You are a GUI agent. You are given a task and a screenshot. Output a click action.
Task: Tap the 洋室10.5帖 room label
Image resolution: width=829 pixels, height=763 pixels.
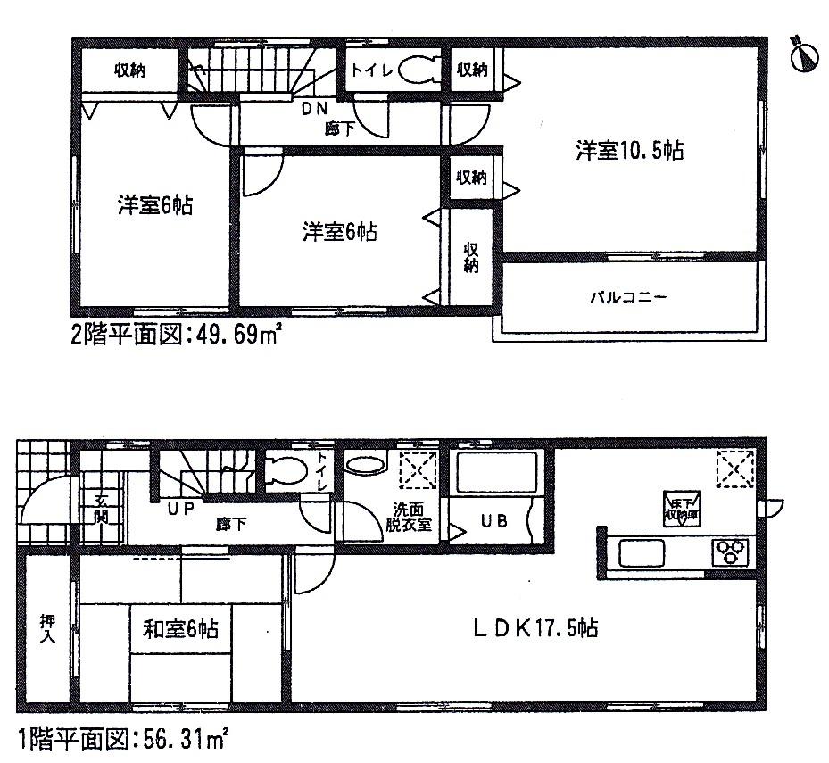click(x=629, y=151)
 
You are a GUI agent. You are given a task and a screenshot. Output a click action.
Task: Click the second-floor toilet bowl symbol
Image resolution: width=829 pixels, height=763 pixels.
click(x=416, y=70)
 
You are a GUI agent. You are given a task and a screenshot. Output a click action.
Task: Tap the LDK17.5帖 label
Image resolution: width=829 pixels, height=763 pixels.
click(x=535, y=628)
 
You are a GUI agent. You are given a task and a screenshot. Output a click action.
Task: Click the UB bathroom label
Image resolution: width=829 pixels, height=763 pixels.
click(x=496, y=521)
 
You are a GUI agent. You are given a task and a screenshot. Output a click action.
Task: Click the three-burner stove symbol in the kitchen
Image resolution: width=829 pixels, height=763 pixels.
click(x=731, y=552)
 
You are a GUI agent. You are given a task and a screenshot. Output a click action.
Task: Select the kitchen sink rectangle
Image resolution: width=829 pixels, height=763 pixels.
click(x=641, y=553)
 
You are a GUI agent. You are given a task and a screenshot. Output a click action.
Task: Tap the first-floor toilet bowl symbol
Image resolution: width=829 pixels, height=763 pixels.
click(x=288, y=470)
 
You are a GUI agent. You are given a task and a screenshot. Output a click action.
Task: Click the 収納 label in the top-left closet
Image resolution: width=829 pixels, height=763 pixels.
click(x=130, y=70)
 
